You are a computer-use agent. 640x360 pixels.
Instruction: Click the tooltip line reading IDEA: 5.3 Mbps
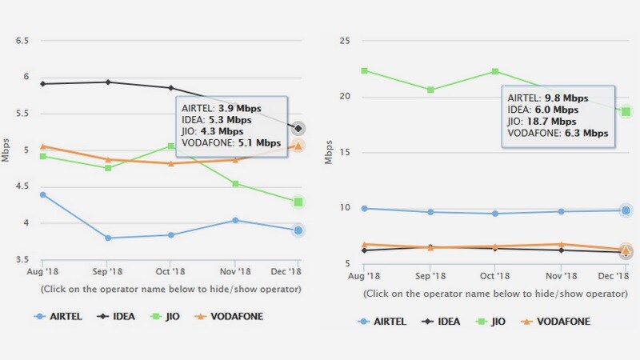tap(217, 119)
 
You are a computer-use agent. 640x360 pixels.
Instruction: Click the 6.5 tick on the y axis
tap(22, 40)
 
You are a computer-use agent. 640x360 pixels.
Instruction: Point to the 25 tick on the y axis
tap(345, 40)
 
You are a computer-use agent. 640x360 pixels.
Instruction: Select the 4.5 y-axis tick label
tap(22, 186)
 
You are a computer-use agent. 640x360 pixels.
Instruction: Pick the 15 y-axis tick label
tap(345, 152)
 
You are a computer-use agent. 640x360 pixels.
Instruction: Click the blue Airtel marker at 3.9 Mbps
tap(298, 230)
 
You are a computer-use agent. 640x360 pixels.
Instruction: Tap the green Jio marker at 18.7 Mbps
tap(626, 111)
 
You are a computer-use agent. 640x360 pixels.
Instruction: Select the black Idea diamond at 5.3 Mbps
tap(298, 128)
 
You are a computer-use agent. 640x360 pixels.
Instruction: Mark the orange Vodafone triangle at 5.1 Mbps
tap(298, 146)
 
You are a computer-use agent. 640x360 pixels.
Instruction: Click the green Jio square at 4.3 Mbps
tap(298, 202)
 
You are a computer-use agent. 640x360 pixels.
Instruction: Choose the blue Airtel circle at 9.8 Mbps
tap(626, 210)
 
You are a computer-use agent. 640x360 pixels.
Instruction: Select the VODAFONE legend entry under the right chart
tap(561, 322)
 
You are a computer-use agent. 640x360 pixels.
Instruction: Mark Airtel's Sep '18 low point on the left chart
tap(107, 238)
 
